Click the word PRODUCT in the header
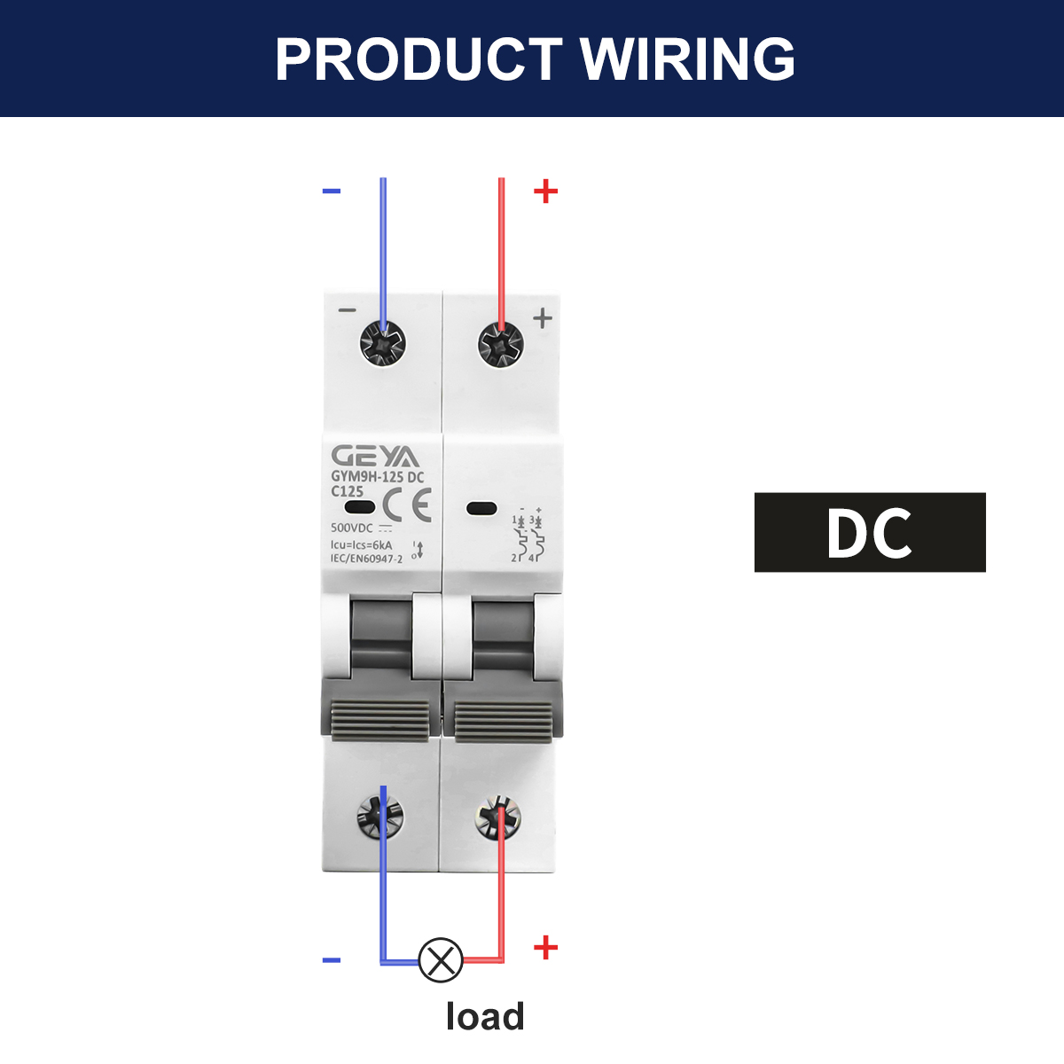(418, 59)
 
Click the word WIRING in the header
(687, 59)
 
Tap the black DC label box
(870, 532)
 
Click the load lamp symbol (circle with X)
(440, 959)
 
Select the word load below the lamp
(485, 1016)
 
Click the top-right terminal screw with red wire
(501, 346)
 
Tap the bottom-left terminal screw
(379, 816)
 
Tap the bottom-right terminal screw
(497, 818)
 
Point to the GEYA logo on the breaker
(375, 457)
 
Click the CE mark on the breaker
(407, 505)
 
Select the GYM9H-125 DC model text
(378, 477)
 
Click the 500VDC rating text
(352, 528)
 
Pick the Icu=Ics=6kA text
(361, 545)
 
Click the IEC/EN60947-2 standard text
(366, 559)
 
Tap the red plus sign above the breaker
(545, 191)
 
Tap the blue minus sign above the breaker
(332, 191)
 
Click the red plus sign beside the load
(545, 948)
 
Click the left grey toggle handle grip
(379, 721)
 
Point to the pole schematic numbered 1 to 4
(528, 535)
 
